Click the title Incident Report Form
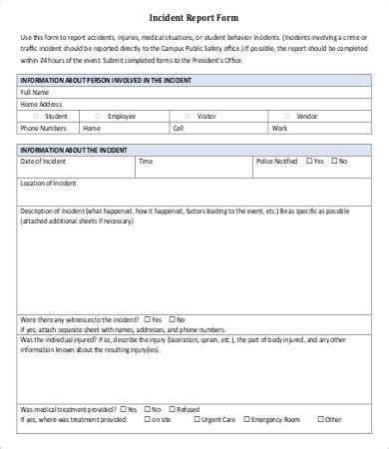coord(194,18)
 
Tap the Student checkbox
coord(37,116)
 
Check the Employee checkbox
coord(100,116)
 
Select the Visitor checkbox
coord(189,116)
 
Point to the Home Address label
coord(42,104)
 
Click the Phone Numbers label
coord(44,128)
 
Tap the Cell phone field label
coord(179,128)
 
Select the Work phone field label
coord(279,128)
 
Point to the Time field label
coord(146,161)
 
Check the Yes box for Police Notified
coord(309,161)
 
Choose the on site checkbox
coord(146,420)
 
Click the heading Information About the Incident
coord(73,149)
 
